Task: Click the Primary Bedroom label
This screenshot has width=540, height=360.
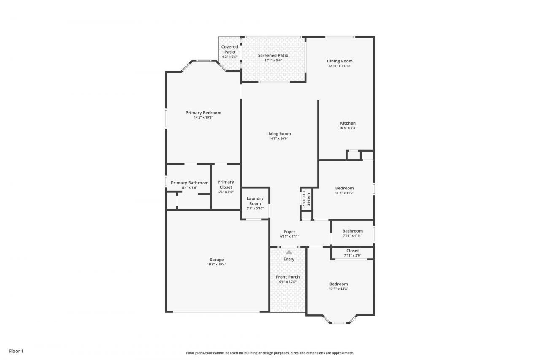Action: pyautogui.click(x=203, y=113)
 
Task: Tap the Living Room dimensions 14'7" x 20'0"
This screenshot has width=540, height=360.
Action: pyautogui.click(x=278, y=138)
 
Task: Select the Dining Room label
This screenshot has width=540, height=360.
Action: pyautogui.click(x=340, y=61)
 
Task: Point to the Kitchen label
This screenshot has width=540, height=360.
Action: pyautogui.click(x=348, y=123)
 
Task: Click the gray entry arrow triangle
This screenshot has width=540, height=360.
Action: pyautogui.click(x=289, y=252)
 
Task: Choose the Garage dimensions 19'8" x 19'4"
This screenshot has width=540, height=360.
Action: pyautogui.click(x=216, y=265)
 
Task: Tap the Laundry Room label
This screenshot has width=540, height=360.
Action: pyautogui.click(x=255, y=201)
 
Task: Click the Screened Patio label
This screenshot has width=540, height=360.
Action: pyautogui.click(x=273, y=55)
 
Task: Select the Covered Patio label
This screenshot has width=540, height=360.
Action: pyautogui.click(x=230, y=49)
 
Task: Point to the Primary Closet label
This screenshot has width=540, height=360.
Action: pyautogui.click(x=226, y=184)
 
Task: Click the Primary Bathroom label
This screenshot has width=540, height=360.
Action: pyautogui.click(x=189, y=183)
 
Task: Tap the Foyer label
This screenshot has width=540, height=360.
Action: pyautogui.click(x=289, y=232)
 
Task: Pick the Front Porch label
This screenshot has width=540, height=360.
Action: pyautogui.click(x=288, y=277)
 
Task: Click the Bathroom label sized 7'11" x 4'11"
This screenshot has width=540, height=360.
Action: pyautogui.click(x=352, y=231)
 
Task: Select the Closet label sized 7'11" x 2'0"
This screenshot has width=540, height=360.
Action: pyautogui.click(x=352, y=251)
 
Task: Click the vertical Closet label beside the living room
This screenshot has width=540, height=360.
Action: pyautogui.click(x=308, y=199)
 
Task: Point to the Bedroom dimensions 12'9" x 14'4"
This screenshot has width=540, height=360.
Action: pyautogui.click(x=339, y=289)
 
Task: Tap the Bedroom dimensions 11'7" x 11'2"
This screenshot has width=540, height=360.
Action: pyautogui.click(x=344, y=193)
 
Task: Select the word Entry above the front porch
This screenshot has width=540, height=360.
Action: pyautogui.click(x=289, y=259)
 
